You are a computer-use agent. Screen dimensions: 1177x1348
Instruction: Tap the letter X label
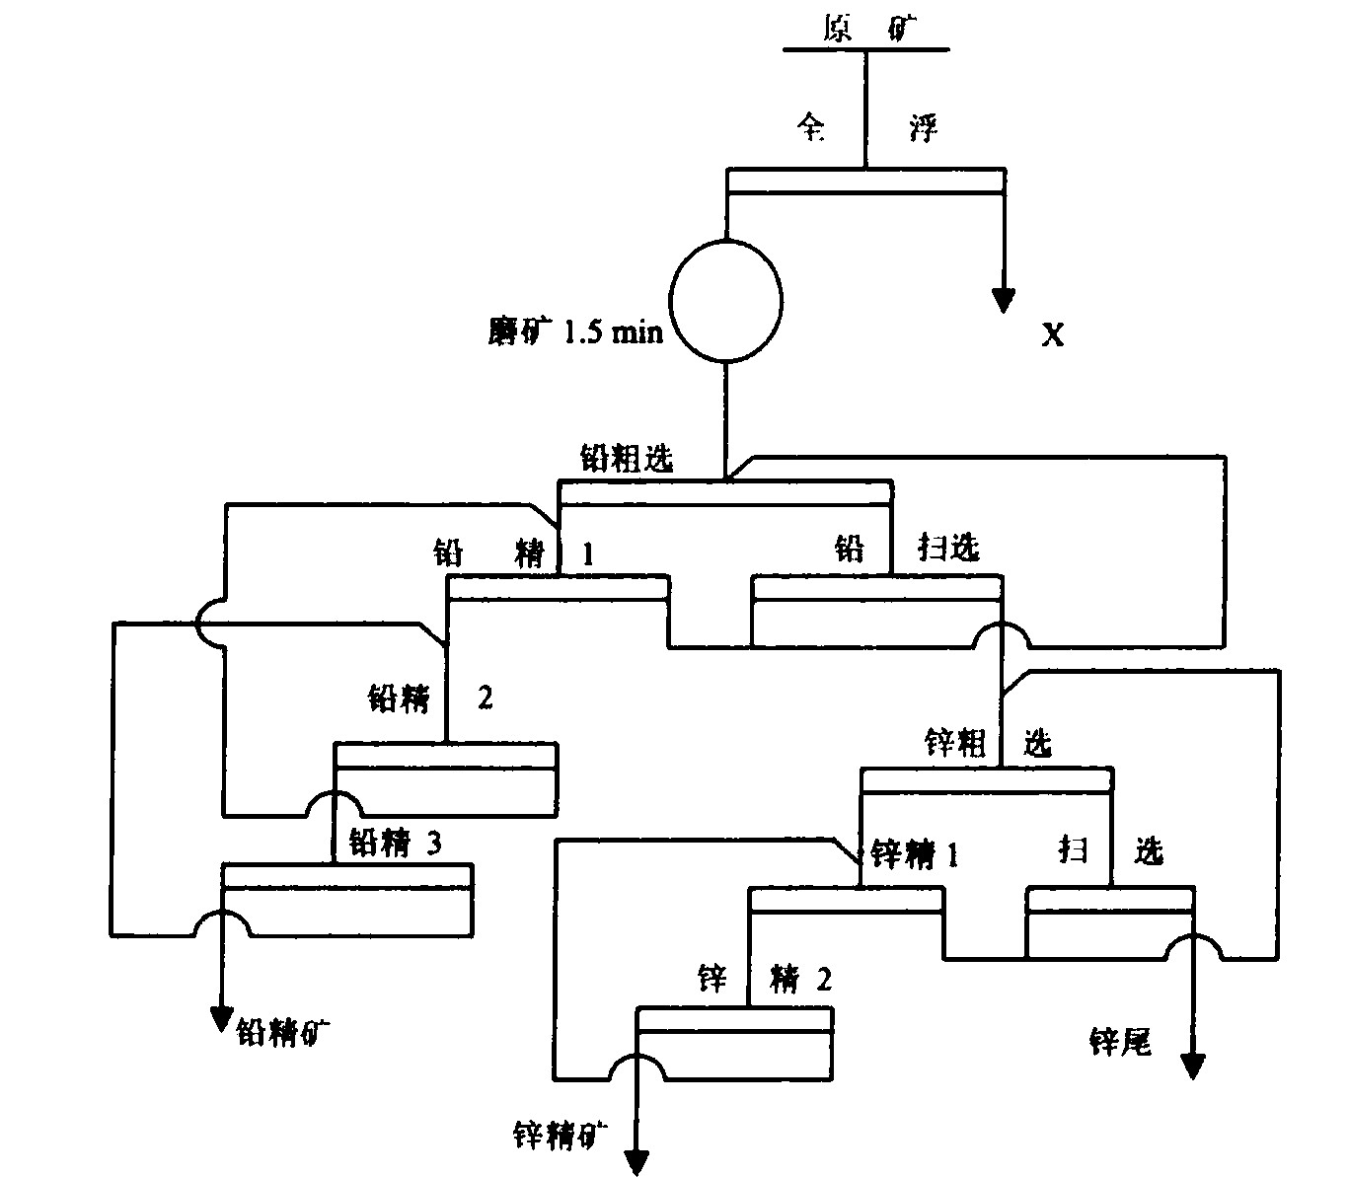[x=1054, y=336]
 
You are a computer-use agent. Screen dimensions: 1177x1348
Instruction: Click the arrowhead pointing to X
[x=1004, y=300]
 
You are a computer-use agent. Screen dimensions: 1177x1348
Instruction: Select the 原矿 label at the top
[x=866, y=32]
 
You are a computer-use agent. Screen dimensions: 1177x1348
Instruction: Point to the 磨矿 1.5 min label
[x=567, y=332]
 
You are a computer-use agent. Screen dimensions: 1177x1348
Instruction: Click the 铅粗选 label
[x=627, y=460]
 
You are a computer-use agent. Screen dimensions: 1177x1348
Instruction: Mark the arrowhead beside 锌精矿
[x=636, y=1162]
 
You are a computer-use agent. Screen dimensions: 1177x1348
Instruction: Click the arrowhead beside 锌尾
[x=1193, y=1066]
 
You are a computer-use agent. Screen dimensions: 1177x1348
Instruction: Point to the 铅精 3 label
[x=395, y=845]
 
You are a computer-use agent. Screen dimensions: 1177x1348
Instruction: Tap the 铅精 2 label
[x=429, y=699]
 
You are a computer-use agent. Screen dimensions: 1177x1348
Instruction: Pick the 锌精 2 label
[x=765, y=980]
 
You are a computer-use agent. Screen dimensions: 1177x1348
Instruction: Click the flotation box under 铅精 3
[x=347, y=899]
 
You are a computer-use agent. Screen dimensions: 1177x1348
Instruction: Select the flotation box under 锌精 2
[x=733, y=1042]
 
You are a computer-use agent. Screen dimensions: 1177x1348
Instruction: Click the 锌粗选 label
[x=987, y=743]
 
